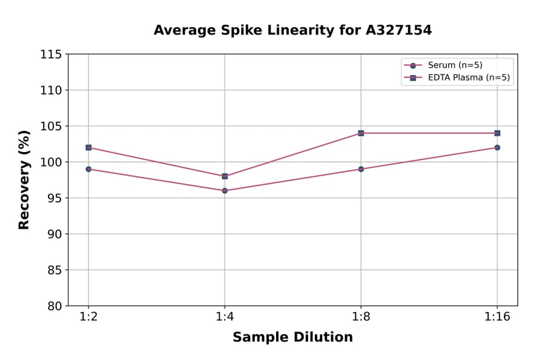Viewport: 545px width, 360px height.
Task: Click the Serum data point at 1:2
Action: point(88,169)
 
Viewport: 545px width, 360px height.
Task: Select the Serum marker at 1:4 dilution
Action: point(225,190)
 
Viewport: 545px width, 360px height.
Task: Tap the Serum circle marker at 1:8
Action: point(361,169)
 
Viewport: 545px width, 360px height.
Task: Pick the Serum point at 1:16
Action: point(497,147)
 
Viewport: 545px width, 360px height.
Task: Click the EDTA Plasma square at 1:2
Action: point(88,147)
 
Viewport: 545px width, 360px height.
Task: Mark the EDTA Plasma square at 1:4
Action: point(225,176)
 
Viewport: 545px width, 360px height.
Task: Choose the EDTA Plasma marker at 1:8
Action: point(361,133)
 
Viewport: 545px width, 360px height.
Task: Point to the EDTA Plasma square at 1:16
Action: point(497,133)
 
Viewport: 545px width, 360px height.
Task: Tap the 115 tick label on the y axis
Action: point(51,55)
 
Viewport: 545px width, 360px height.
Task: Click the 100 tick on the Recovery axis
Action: point(51,162)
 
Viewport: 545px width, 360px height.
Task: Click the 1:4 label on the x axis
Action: point(225,318)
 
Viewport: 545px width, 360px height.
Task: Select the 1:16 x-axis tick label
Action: point(497,318)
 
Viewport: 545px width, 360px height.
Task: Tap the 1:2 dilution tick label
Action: point(88,318)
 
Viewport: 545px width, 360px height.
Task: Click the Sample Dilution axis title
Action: point(292,338)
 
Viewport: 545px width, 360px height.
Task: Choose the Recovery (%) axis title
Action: point(24,180)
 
